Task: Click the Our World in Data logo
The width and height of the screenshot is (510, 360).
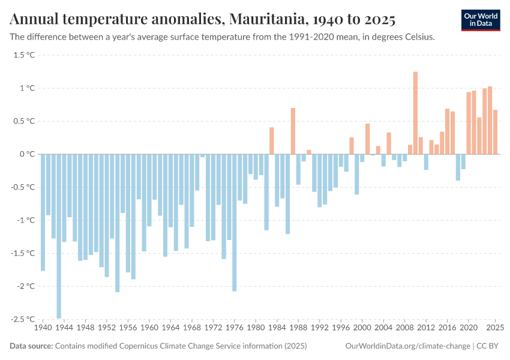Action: tap(480, 20)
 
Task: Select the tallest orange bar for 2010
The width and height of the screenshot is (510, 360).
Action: tap(415, 113)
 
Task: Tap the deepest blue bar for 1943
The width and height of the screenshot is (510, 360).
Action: tap(59, 236)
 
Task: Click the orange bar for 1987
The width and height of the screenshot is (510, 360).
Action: tap(293, 131)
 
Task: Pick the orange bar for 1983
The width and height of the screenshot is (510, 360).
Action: tap(272, 140)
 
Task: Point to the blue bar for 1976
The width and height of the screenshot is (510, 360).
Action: tap(234, 222)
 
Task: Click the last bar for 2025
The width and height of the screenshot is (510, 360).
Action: tap(495, 132)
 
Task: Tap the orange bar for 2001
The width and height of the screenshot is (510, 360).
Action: tap(367, 139)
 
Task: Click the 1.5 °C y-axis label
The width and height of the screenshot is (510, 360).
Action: tap(24, 55)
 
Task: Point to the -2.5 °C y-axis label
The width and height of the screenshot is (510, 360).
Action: tap(23, 319)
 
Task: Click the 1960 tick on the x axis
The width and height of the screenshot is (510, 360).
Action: tap(149, 328)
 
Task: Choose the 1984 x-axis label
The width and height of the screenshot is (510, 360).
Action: tap(277, 328)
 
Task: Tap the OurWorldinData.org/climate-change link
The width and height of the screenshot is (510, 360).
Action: tap(408, 346)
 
